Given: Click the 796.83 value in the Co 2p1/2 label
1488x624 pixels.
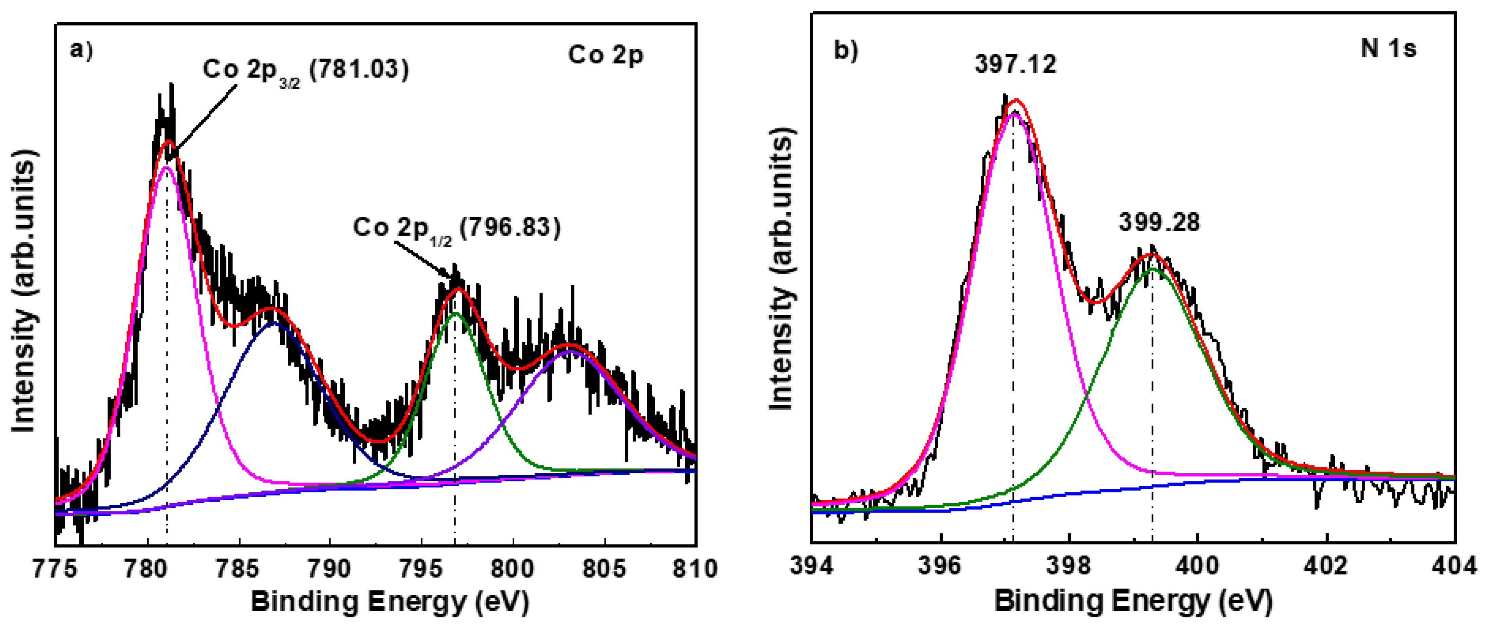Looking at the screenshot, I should (512, 228).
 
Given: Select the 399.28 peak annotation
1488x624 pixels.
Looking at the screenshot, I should (1159, 222).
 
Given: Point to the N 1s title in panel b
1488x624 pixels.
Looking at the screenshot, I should (1388, 48).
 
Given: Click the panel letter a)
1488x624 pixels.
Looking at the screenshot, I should (81, 50).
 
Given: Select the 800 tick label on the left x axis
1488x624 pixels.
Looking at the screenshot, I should (512, 569).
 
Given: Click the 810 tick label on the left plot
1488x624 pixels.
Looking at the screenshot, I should (695, 569).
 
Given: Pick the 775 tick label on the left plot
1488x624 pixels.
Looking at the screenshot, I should (55, 569).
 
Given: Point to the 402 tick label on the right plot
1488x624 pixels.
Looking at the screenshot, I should (1327, 565).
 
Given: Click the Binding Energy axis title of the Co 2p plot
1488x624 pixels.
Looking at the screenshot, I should (390, 603).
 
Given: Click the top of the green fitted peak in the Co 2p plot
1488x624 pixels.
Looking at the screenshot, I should (455, 314).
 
